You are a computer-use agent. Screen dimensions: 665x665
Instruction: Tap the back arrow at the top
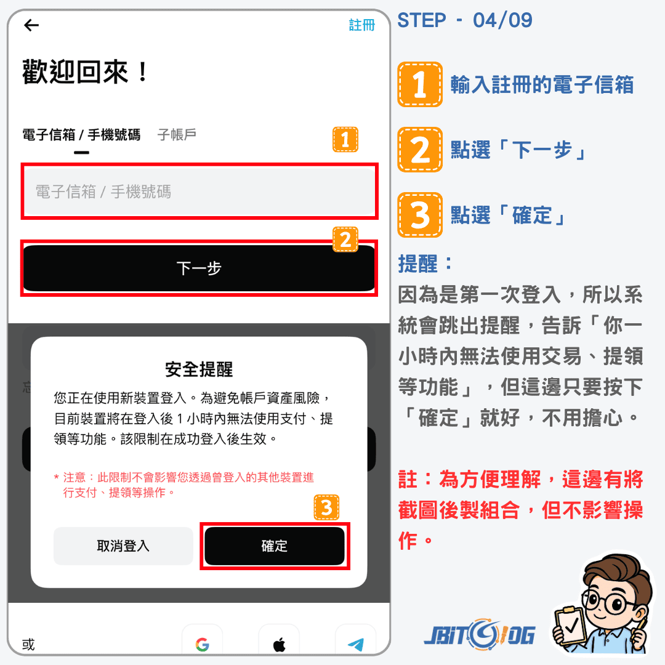click(x=31, y=25)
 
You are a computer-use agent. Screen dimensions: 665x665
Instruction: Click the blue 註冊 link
click(x=362, y=25)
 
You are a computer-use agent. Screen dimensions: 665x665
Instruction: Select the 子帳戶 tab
click(x=177, y=135)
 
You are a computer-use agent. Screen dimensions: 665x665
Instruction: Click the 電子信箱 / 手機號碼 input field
click(x=199, y=191)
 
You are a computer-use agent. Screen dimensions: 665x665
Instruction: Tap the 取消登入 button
click(x=123, y=546)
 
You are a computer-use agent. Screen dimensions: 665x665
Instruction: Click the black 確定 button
click(x=275, y=546)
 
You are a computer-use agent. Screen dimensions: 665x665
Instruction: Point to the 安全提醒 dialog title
click(x=199, y=369)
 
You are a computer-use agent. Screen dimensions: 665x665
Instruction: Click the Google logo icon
click(x=203, y=645)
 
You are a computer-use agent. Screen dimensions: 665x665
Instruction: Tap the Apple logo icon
click(x=279, y=645)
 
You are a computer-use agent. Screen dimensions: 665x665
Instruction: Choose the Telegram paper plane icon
click(x=356, y=645)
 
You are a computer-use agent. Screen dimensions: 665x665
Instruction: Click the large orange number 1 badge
click(x=420, y=84)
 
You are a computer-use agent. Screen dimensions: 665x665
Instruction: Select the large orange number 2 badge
click(x=420, y=149)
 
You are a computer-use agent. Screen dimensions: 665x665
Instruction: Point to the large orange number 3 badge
click(x=420, y=215)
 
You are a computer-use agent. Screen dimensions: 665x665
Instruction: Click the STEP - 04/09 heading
click(x=465, y=20)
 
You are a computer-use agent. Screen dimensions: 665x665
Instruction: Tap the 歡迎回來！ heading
click(x=85, y=71)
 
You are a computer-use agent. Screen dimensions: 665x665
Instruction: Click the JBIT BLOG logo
click(x=480, y=635)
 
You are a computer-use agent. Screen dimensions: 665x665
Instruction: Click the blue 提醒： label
click(x=425, y=264)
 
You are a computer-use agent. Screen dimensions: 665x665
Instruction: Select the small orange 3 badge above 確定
click(x=326, y=507)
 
